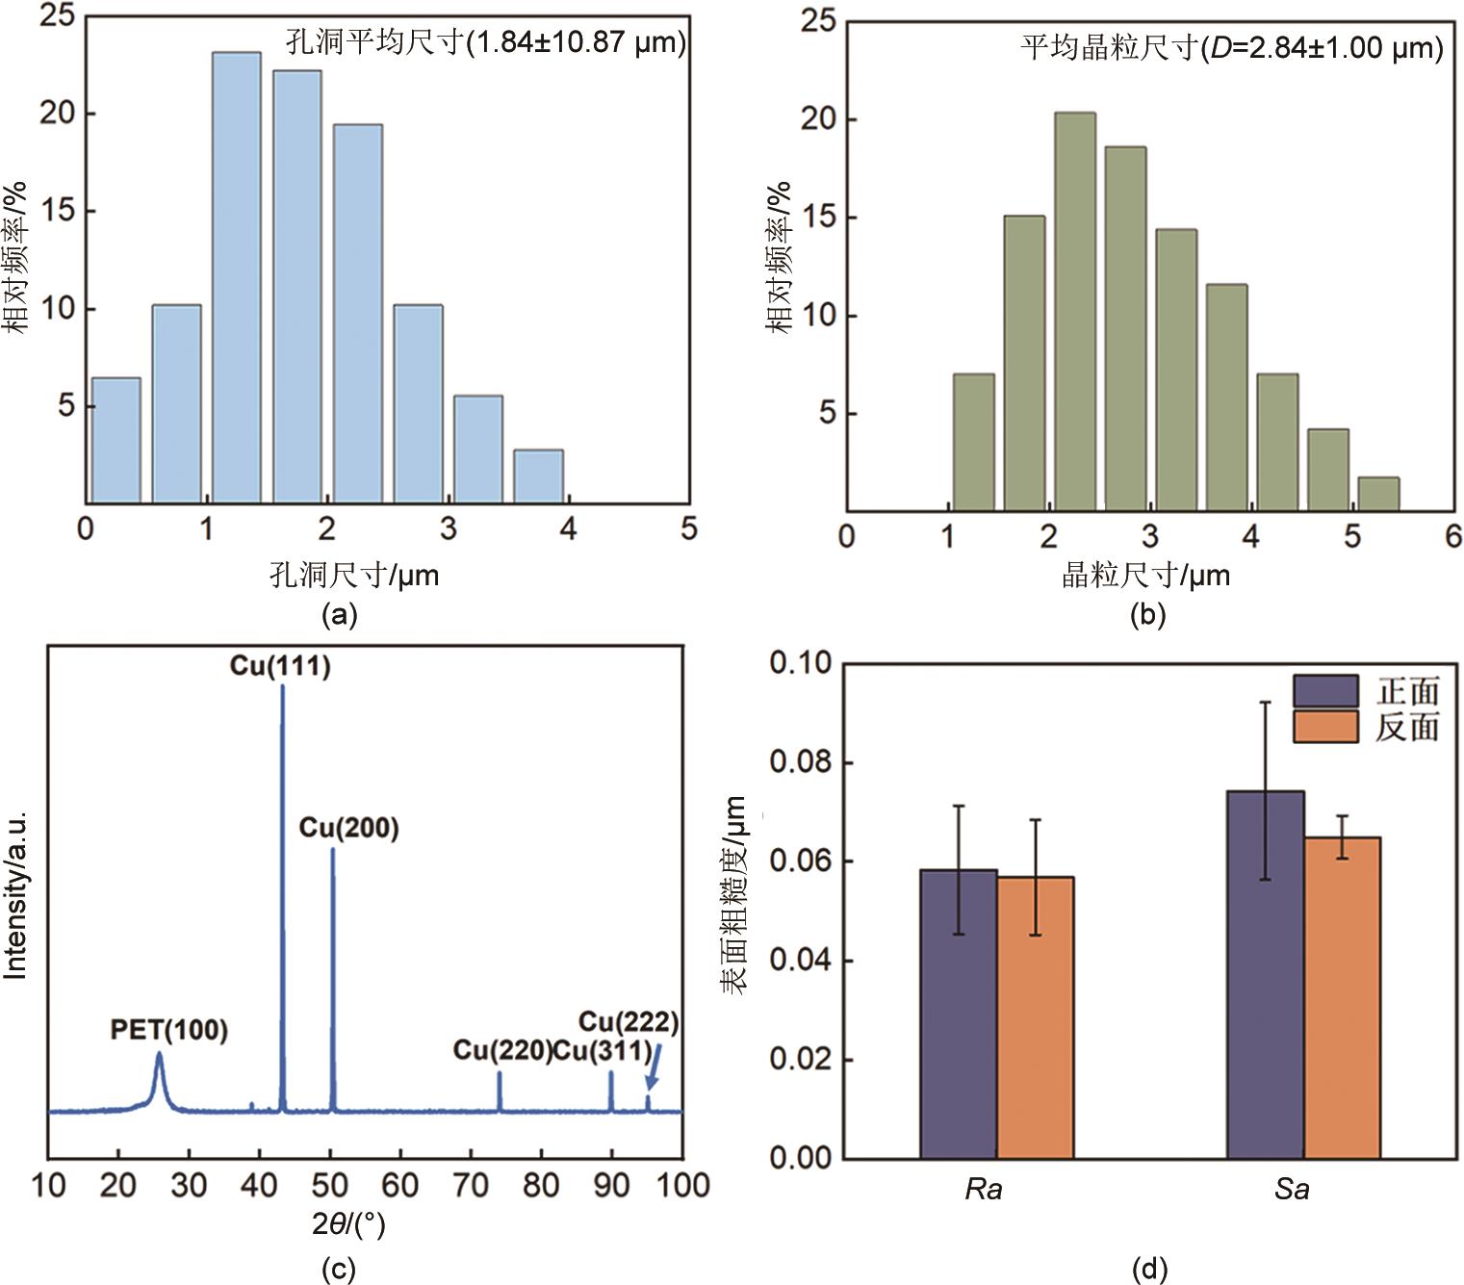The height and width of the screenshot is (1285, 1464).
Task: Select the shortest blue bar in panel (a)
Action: [x=538, y=476]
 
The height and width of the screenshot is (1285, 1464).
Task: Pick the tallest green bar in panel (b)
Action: [x=1074, y=312]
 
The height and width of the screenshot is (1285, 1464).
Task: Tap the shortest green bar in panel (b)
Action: [x=1378, y=494]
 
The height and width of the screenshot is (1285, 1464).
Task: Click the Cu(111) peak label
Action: [x=280, y=666]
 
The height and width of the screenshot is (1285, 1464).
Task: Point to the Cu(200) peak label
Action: [x=348, y=829]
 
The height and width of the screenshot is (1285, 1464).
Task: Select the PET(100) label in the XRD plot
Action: [x=169, y=1030]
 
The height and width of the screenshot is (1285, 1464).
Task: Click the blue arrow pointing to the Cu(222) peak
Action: [x=654, y=1070]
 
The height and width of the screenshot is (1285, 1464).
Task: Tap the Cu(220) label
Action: [x=501, y=1050]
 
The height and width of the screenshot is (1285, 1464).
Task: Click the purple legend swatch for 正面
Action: [x=1325, y=691]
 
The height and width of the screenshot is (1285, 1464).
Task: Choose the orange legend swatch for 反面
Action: [x=1325, y=727]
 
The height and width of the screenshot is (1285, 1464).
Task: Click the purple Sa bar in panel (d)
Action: [x=1265, y=974]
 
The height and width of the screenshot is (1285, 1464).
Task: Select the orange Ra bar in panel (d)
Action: [x=1036, y=1016]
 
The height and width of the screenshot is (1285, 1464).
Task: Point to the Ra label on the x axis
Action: [x=983, y=1190]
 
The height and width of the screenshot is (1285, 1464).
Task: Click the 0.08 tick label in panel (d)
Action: [x=802, y=762]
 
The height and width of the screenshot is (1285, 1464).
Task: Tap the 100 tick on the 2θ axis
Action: [x=682, y=1185]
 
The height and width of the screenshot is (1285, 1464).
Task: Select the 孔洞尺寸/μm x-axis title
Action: [x=354, y=576]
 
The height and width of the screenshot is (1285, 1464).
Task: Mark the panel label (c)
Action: [x=338, y=1270]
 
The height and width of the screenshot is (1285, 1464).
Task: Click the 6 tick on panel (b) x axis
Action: [x=1452, y=536]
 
